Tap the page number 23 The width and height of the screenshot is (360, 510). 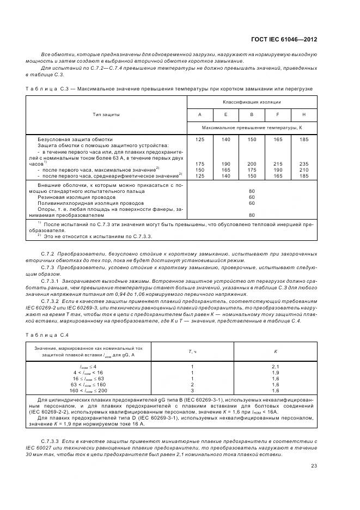[x=314, y=465]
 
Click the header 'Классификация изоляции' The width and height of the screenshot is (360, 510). [x=251, y=102]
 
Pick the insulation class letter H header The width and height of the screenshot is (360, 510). [x=303, y=114]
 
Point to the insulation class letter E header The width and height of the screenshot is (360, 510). [x=225, y=114]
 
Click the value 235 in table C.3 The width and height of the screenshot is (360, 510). [x=303, y=163]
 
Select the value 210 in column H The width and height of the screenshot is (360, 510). [x=303, y=169]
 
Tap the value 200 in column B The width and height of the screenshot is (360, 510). [x=251, y=163]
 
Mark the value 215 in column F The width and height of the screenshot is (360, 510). [x=277, y=163]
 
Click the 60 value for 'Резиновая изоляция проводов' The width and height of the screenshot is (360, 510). [x=251, y=197]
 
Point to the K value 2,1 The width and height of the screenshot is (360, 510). [x=275, y=366]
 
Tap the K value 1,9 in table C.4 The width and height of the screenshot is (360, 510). [x=275, y=372]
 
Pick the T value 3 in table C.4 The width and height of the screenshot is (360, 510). [x=192, y=391]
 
